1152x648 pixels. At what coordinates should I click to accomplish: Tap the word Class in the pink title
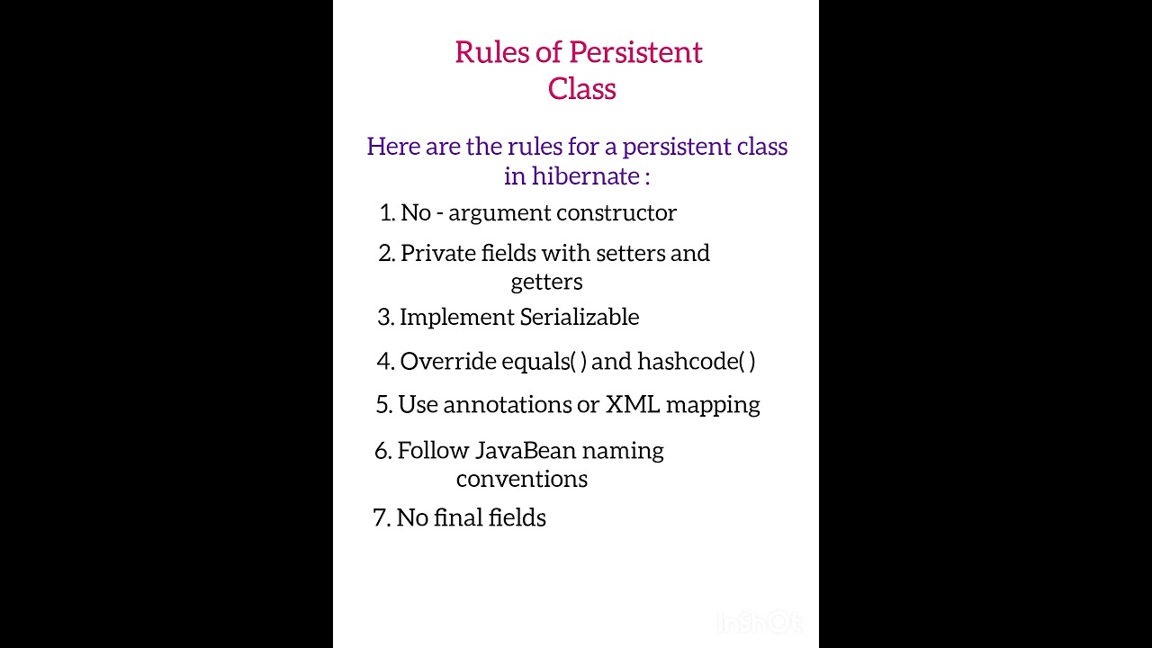pyautogui.click(x=581, y=89)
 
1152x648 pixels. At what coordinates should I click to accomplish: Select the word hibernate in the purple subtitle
pyautogui.click(x=585, y=175)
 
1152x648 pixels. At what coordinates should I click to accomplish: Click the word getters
pyautogui.click(x=546, y=283)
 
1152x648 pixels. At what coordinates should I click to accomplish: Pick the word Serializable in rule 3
pyautogui.click(x=580, y=318)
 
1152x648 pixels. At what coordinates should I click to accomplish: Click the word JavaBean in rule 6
pyautogui.click(x=525, y=450)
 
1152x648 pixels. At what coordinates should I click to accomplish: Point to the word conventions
pyautogui.click(x=521, y=479)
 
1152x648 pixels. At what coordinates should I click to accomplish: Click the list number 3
pyautogui.click(x=384, y=318)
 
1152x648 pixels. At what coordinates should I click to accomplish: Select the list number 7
pyautogui.click(x=380, y=518)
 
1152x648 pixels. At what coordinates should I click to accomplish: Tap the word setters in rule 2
pyautogui.click(x=629, y=254)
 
